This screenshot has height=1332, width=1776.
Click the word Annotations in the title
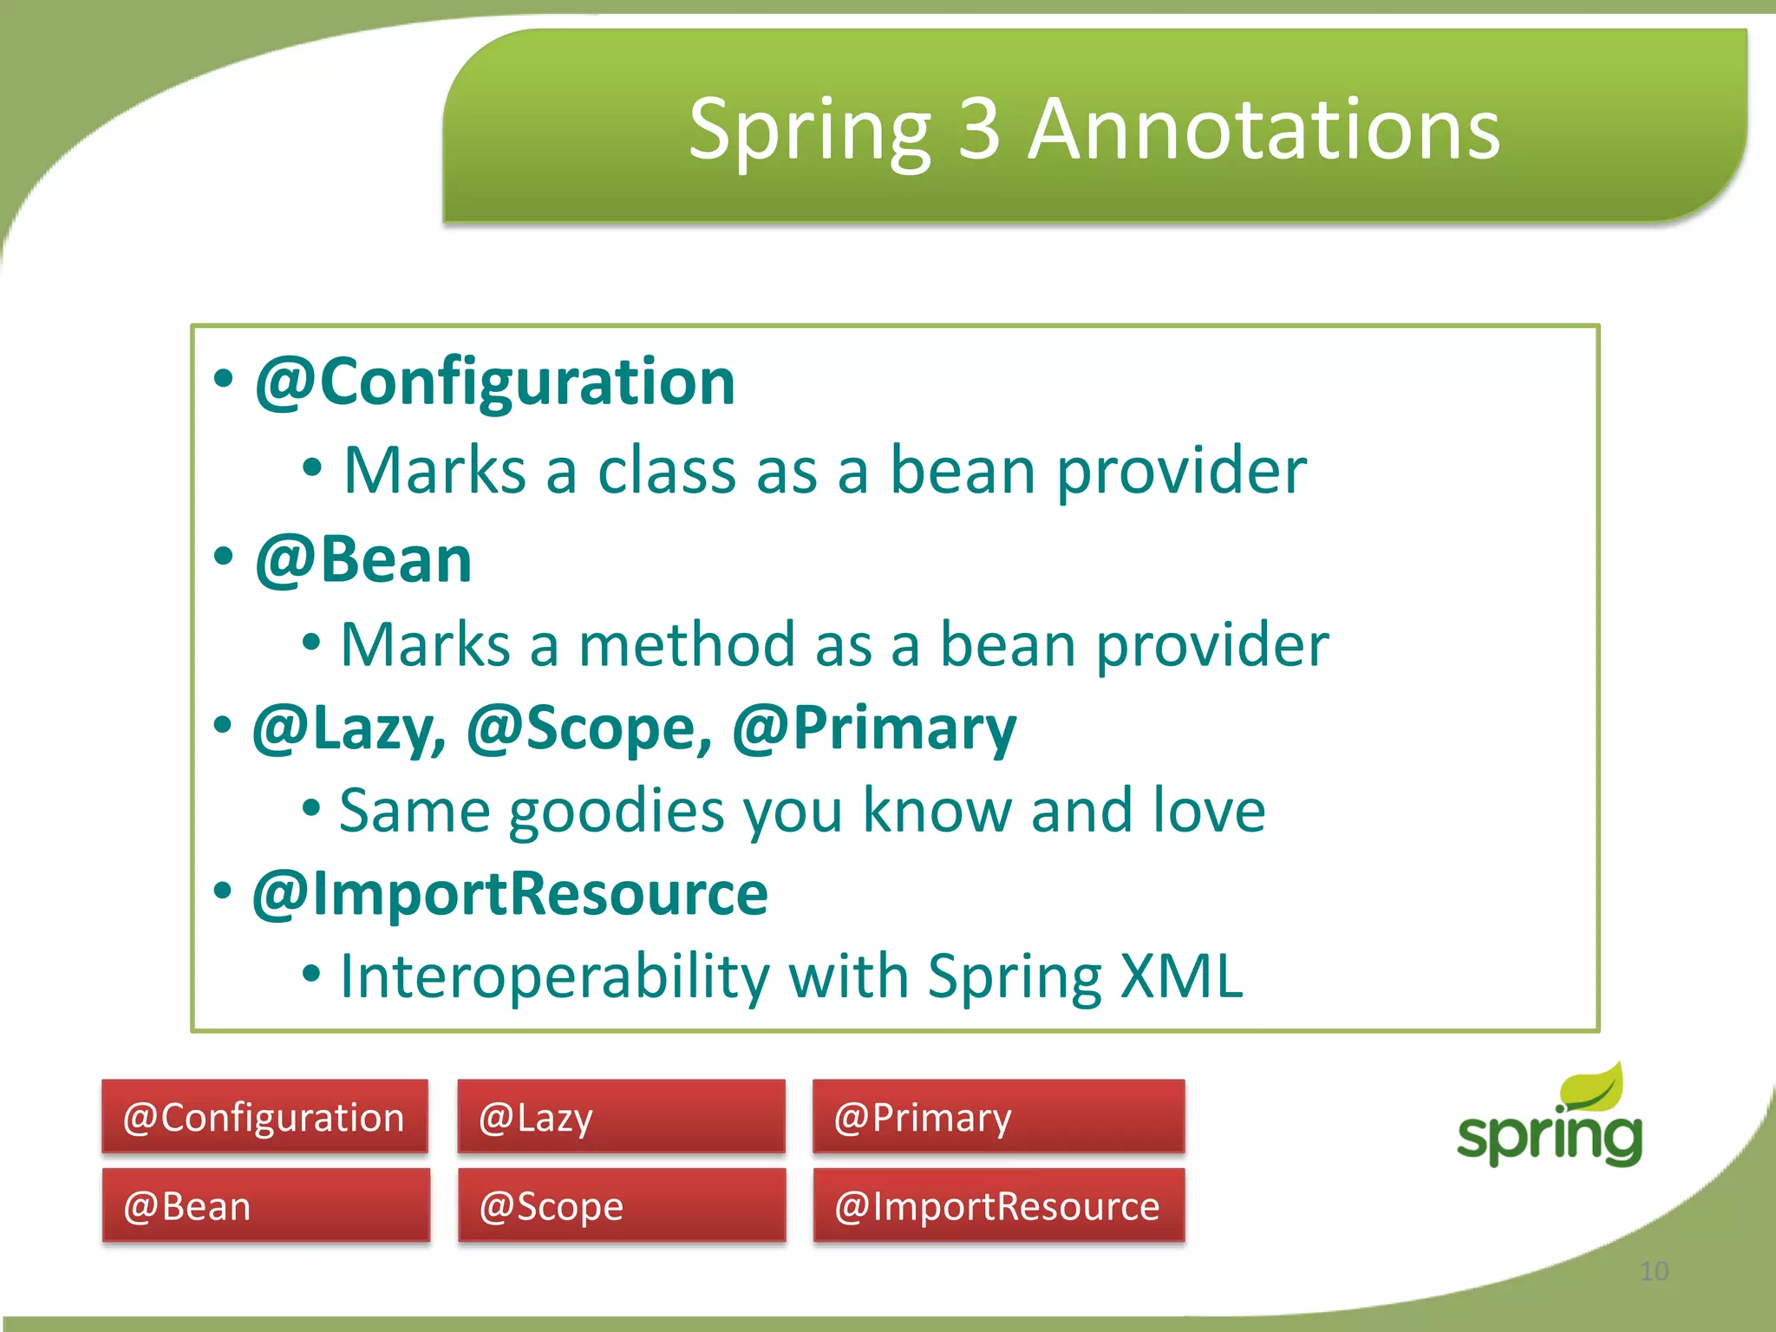(x=1263, y=130)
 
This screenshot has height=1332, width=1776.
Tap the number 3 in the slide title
(x=979, y=130)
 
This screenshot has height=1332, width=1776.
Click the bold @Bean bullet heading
(x=363, y=559)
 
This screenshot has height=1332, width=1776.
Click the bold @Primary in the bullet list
(x=874, y=728)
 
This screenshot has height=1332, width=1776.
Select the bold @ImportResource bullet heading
(x=510, y=894)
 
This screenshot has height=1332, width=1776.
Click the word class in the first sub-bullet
(x=663, y=471)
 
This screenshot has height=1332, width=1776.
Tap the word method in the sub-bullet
(x=686, y=646)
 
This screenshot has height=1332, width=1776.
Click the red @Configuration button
(x=264, y=1117)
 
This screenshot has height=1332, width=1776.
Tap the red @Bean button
(x=265, y=1206)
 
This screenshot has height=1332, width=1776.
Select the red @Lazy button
(x=621, y=1117)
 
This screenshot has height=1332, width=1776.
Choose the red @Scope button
(x=621, y=1206)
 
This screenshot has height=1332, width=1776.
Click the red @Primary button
(x=998, y=1117)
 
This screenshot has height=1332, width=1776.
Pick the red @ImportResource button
(x=998, y=1206)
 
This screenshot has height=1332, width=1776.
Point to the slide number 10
(x=1654, y=1271)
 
